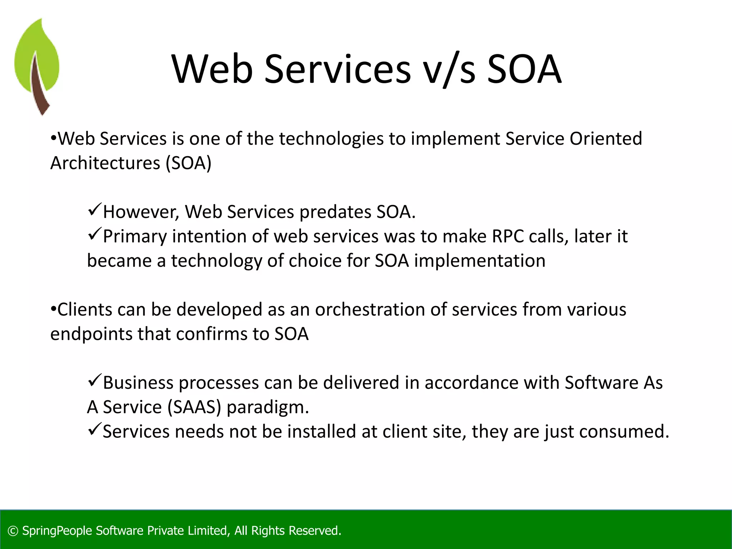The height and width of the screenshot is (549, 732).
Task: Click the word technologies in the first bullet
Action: (x=331, y=139)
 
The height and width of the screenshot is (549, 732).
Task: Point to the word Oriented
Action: (x=606, y=139)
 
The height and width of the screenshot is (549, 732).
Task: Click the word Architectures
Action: (x=105, y=163)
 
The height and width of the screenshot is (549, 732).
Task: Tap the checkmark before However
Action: (x=94, y=209)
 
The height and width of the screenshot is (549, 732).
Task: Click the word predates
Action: (x=335, y=212)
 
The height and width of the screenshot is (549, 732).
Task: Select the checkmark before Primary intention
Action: (x=94, y=234)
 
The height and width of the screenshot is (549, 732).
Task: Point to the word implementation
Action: (x=480, y=261)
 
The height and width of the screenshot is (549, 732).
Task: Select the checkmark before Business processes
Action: (x=94, y=380)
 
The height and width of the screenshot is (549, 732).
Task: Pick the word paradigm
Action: (x=267, y=407)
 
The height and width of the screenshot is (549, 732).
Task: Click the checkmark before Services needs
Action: (x=94, y=429)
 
